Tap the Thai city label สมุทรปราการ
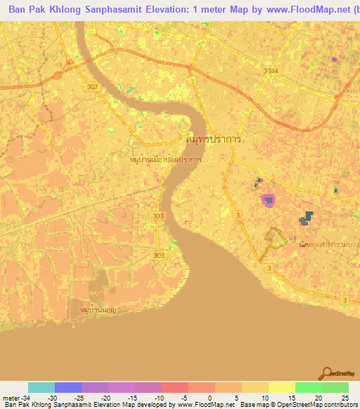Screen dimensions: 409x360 (x=214, y=139)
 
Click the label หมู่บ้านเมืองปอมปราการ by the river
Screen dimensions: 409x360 (x=167, y=160)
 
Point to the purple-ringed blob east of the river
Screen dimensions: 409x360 (x=268, y=201)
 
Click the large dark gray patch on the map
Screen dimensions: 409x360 (x=307, y=219)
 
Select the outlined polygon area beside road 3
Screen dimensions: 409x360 (x=276, y=239)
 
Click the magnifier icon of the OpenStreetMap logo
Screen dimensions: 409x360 (x=325, y=373)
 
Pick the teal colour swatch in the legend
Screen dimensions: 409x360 (x=41, y=387)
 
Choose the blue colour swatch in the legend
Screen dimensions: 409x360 (x=68, y=387)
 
